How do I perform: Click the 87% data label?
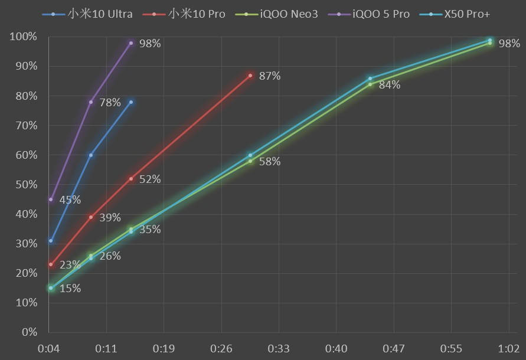[x=270, y=76]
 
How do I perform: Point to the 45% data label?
[x=70, y=200]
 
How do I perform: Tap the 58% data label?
[x=270, y=162]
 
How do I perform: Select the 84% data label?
[x=390, y=85]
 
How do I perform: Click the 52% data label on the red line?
[x=150, y=179]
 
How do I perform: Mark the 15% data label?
[x=70, y=289]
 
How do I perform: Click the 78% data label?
[x=110, y=103]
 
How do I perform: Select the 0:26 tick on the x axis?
[x=221, y=349]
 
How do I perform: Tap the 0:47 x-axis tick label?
[x=394, y=349]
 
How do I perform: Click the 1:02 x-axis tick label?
[x=508, y=349]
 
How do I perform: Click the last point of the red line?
[x=250, y=76]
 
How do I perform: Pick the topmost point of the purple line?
[x=131, y=43]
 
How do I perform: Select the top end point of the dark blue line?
[x=131, y=102]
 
